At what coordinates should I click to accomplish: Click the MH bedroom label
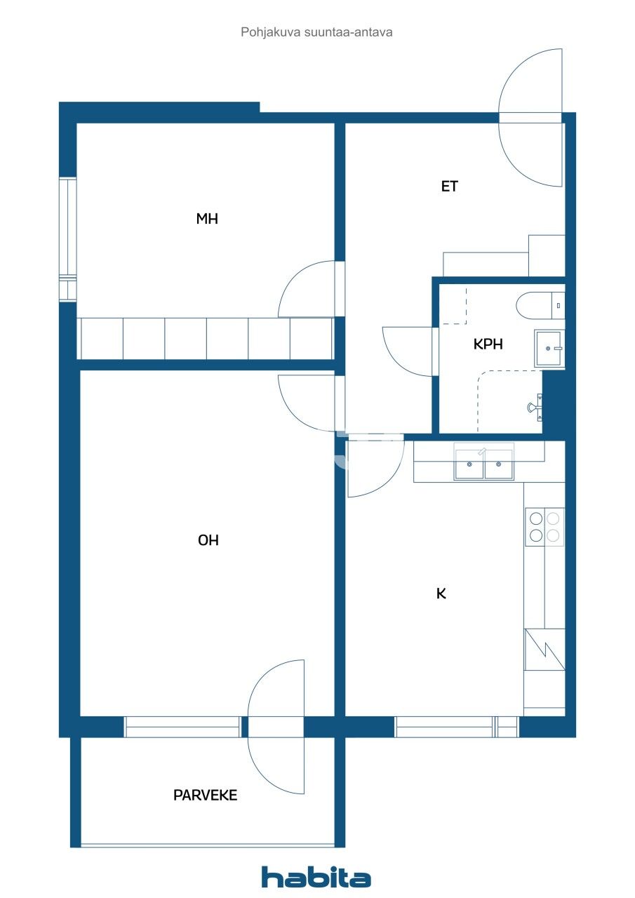[207, 219]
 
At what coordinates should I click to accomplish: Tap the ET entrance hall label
[450, 187]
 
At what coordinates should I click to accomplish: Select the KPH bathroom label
[488, 344]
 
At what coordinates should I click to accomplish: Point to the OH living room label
[208, 540]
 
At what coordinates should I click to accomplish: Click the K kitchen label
[441, 594]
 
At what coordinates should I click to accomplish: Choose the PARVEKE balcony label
[205, 796]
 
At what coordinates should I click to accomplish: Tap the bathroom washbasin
[549, 348]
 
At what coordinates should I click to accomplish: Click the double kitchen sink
[484, 464]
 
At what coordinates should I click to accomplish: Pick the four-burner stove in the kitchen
[544, 527]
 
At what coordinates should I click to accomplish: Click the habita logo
[316, 877]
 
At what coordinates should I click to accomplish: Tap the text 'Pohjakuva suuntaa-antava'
[316, 32]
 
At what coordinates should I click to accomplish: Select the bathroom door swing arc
[407, 351]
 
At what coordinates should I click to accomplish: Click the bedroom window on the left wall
[67, 239]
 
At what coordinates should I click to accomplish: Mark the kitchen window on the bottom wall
[456, 727]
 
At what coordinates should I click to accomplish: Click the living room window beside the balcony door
[184, 727]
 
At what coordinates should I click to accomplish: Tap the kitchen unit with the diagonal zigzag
[544, 649]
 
